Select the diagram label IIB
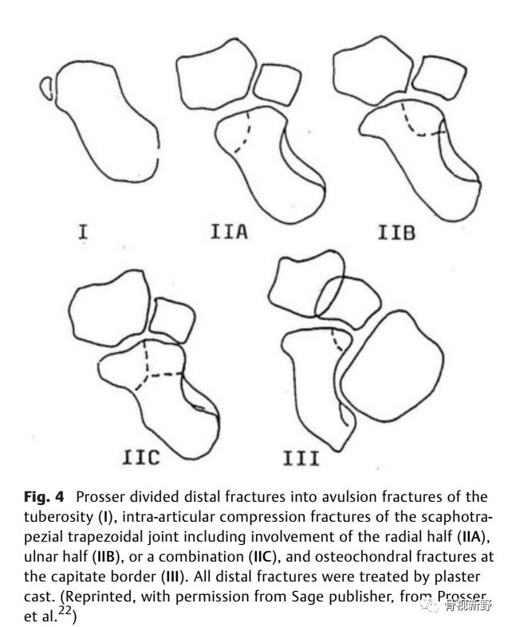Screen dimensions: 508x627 click(396, 233)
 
